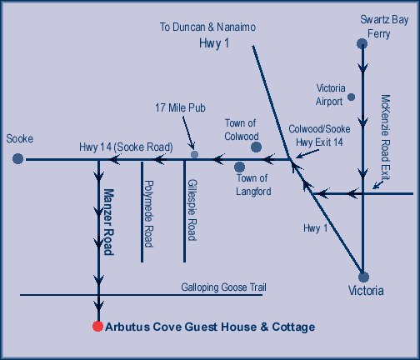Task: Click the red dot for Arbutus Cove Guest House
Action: (97, 326)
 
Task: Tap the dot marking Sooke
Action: (17, 158)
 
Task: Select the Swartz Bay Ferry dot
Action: (362, 43)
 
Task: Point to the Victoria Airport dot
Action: (352, 97)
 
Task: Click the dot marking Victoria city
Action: (363, 277)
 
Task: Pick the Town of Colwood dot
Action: (256, 147)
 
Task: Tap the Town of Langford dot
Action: (239, 167)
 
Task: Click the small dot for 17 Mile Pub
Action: (194, 154)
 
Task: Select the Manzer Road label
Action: (108, 222)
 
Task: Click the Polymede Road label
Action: (148, 213)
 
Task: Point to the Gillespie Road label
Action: (192, 210)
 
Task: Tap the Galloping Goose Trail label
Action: (223, 287)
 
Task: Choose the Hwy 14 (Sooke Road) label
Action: (126, 147)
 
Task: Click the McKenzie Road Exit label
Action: (385, 137)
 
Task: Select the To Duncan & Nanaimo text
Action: (207, 27)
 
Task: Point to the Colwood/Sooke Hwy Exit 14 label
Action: (319, 136)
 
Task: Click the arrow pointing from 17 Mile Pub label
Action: (188, 133)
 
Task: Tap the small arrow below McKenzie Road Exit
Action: (378, 184)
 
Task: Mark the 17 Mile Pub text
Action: (180, 107)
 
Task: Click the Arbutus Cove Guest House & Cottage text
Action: (210, 327)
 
